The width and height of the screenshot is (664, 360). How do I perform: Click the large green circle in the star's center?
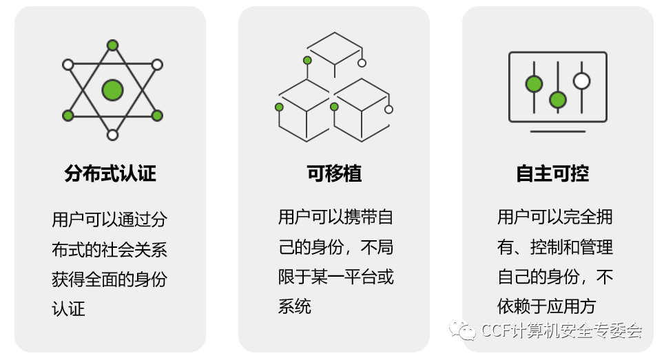(112, 90)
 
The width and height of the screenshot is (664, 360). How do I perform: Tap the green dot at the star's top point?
(112, 45)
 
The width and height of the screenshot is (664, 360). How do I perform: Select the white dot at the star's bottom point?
(112, 135)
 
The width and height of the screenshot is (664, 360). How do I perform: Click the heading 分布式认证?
(110, 173)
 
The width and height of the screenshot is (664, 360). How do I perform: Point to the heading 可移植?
(334, 173)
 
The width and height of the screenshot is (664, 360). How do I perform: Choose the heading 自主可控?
(552, 173)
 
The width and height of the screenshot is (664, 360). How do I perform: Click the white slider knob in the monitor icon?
(581, 81)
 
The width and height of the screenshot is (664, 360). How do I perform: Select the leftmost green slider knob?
(534, 84)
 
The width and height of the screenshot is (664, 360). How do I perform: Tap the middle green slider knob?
(558, 100)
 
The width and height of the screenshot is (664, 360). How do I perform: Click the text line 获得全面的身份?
(110, 279)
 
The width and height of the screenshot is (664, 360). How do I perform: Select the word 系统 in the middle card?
(295, 306)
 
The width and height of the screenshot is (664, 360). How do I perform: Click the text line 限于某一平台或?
(336, 277)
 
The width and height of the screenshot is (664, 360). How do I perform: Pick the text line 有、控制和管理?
(555, 247)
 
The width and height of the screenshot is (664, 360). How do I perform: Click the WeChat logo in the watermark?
(462, 330)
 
